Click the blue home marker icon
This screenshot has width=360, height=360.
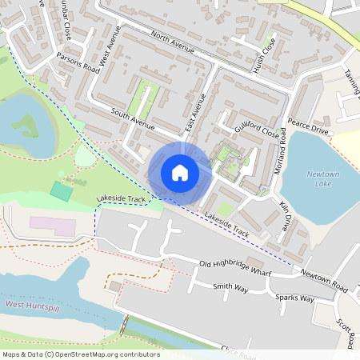point(180,172)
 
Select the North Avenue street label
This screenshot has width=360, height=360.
point(172,44)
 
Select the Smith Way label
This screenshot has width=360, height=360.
point(231,286)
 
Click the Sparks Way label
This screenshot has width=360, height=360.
point(294,298)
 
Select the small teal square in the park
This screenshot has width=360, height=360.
point(60,191)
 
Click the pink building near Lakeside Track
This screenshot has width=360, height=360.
point(54,226)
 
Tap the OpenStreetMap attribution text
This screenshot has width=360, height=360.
point(81,354)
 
